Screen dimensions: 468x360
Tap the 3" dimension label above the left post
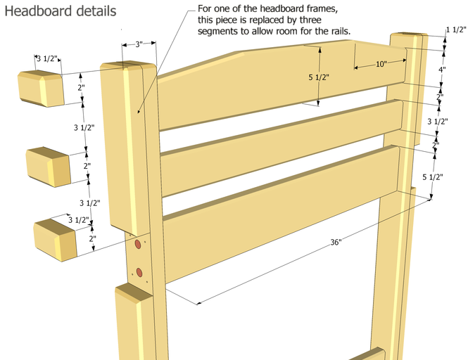click(x=139, y=44)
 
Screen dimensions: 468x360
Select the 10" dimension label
click(x=381, y=64)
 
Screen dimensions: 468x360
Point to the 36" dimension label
click(x=336, y=242)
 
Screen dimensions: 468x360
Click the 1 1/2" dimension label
click(x=456, y=30)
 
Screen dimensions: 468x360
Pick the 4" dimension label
click(x=442, y=70)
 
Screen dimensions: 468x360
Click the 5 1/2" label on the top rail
click(x=319, y=77)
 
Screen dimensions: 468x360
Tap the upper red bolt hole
click(x=138, y=244)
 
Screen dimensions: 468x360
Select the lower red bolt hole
click(x=139, y=272)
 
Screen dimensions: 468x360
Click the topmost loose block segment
click(x=41, y=89)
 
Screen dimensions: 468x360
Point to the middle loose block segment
click(x=49, y=167)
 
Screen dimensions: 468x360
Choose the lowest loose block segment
click(x=55, y=240)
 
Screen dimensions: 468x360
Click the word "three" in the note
click(x=310, y=20)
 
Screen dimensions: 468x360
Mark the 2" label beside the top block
click(x=81, y=88)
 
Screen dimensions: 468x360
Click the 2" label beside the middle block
click(x=87, y=166)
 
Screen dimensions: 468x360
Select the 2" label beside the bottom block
click(x=92, y=238)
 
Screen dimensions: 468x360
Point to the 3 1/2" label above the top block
click(x=47, y=58)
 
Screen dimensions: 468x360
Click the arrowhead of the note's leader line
click(x=138, y=112)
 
